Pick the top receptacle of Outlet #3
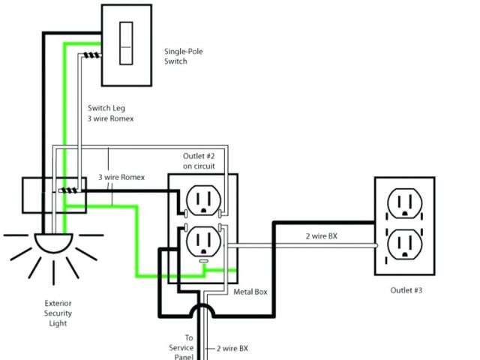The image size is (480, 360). pyautogui.click(x=403, y=202)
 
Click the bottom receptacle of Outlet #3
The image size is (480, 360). pyautogui.click(x=403, y=244)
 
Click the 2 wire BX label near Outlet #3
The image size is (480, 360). pyautogui.click(x=319, y=235)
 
